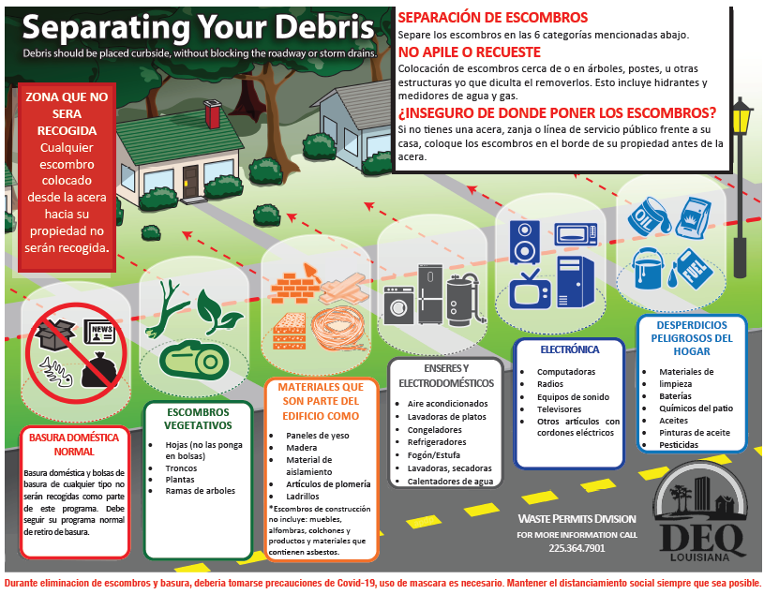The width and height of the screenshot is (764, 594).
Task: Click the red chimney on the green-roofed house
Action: coord(213,114)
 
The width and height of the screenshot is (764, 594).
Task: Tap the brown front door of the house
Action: coord(190,182)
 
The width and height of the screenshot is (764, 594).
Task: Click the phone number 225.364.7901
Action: coord(577,548)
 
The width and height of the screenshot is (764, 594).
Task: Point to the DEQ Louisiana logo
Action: coord(701,513)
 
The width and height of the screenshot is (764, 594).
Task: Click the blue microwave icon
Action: coord(576,233)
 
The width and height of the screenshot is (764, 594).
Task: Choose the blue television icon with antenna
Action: coord(530,290)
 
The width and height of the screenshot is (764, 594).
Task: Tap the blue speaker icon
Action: coord(524,242)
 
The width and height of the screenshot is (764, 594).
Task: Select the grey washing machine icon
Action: coord(398,305)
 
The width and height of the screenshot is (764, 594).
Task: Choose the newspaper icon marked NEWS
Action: coord(99,332)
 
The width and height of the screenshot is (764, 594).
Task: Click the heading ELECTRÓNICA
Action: coord(570,349)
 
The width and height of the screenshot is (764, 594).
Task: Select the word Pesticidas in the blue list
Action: coord(679,444)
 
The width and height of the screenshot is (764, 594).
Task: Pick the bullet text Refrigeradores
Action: coord(437,442)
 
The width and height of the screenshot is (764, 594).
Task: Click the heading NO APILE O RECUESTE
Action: coord(470,52)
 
